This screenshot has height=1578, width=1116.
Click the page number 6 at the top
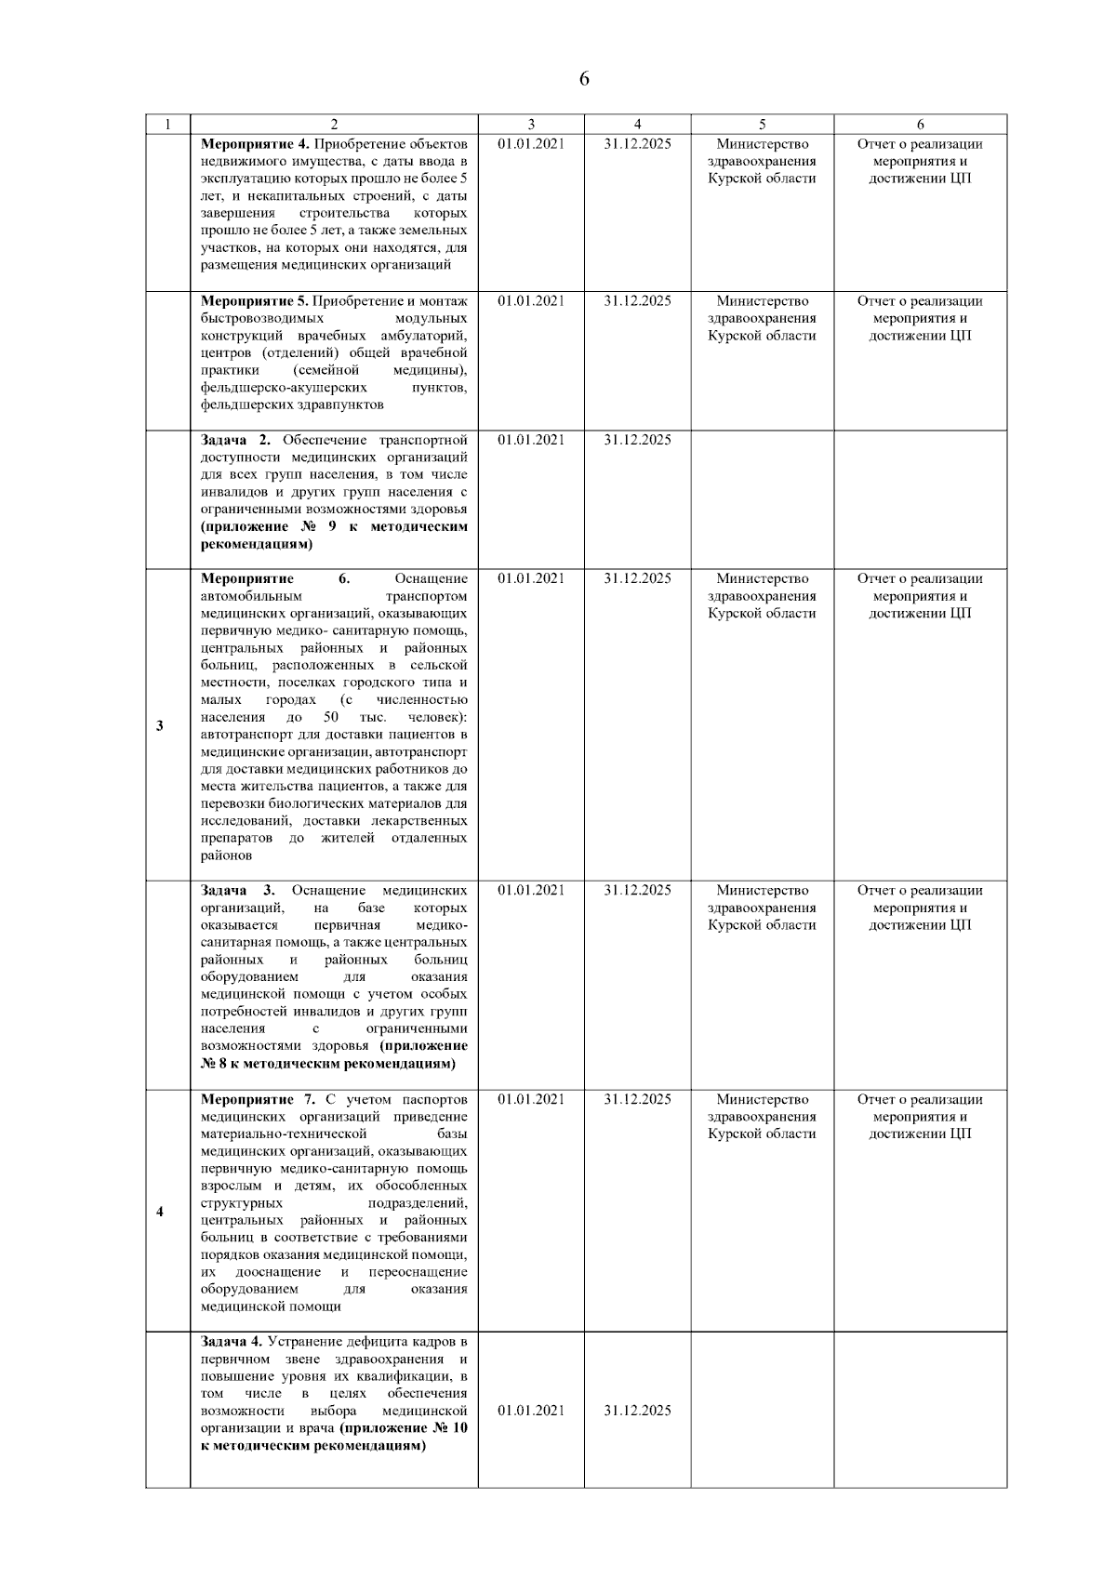[584, 79]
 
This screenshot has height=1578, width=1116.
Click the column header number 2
[334, 124]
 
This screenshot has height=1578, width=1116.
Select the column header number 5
[762, 124]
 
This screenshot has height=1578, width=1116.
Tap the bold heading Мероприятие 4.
[255, 144]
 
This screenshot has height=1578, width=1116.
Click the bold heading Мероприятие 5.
[255, 301]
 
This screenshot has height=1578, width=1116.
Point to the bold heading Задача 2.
[235, 440]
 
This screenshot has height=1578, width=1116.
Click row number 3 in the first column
[160, 725]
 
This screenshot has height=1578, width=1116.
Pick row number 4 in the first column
[160, 1213]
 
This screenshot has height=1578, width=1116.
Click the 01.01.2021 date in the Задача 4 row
[531, 1411]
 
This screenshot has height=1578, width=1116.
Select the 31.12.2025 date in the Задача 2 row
[637, 440]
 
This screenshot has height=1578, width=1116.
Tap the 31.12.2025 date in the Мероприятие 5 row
[637, 301]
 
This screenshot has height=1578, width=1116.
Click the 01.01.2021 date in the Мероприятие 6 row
[531, 578]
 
